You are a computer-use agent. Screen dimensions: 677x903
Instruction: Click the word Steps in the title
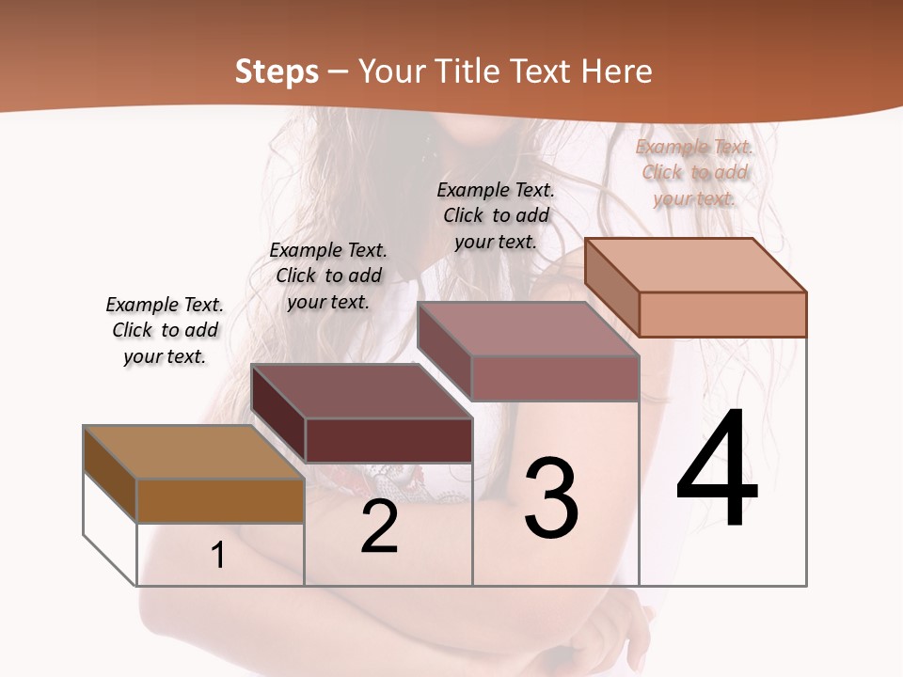[277, 71]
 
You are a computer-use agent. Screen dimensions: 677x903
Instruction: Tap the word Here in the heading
[617, 71]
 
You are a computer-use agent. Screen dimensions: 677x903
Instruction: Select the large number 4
[717, 469]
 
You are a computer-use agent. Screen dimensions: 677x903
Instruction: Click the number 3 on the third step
[551, 497]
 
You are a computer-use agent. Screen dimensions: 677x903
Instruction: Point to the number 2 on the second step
[379, 527]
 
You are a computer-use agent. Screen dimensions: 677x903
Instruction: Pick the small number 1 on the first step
[218, 556]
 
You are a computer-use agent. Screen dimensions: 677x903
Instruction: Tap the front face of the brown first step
[220, 500]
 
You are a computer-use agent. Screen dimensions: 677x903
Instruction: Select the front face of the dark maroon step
[388, 440]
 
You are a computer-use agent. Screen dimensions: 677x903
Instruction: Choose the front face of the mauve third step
[555, 378]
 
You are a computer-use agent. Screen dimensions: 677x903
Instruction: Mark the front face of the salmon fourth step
[722, 314]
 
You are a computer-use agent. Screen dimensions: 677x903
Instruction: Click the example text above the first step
[165, 330]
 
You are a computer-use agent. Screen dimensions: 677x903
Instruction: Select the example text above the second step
[328, 276]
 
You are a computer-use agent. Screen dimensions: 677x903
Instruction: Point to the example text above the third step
[496, 215]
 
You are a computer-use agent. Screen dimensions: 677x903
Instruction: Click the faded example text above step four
[694, 172]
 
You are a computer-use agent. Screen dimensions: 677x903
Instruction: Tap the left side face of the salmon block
[611, 287]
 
